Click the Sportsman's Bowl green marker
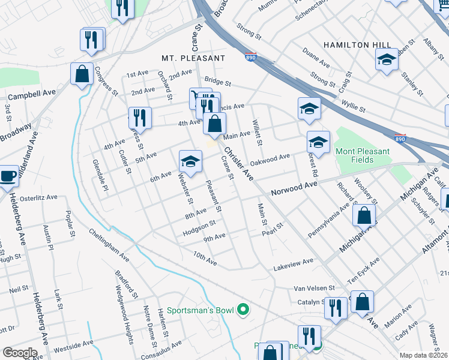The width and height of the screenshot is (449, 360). click(x=243, y=310)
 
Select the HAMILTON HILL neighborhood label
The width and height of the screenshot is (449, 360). click(x=357, y=45)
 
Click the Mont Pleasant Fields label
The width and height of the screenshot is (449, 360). click(x=362, y=156)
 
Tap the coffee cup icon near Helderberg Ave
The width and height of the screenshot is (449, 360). click(x=8, y=176)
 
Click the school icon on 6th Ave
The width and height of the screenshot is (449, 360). click(x=190, y=161)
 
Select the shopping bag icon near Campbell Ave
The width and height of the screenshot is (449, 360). click(x=81, y=74)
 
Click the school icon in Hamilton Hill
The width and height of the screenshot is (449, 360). click(x=387, y=59)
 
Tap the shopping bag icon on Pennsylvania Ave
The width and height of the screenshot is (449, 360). click(x=364, y=215)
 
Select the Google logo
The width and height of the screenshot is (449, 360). click(x=20, y=352)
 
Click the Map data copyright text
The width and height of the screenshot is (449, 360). click(x=424, y=355)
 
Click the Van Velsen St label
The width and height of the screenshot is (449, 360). click(x=313, y=289)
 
